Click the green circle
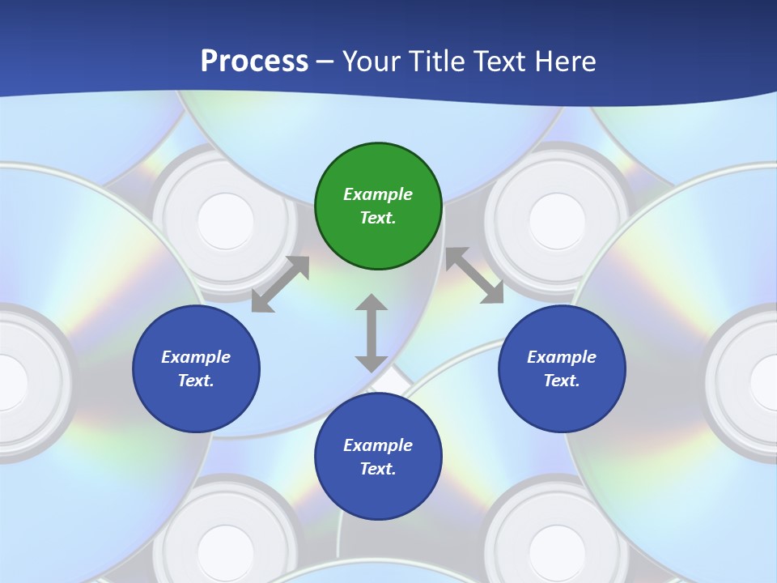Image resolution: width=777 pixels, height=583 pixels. coord(378,206)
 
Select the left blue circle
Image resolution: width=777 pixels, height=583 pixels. coord(196,368)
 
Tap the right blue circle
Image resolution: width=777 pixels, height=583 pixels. coord(562,368)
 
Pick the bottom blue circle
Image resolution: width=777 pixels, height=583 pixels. coord(378,457)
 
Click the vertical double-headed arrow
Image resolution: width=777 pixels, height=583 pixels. coord(372,333)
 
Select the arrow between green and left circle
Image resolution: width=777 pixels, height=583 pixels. coord(280,284)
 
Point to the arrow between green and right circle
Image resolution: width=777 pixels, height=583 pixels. coord(474,276)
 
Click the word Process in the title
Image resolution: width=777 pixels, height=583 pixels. coord(254,62)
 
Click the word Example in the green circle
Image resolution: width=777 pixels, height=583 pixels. coord(378,194)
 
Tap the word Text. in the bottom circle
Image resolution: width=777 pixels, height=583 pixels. coord(378,469)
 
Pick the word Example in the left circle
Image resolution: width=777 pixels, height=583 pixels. coord(196,357)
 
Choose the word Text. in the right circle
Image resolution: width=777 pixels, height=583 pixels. coord(562,381)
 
